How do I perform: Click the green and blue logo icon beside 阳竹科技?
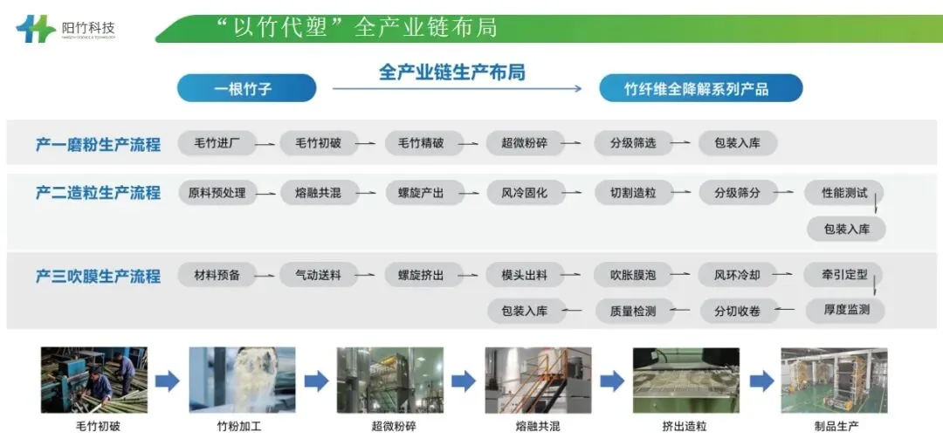tap(36, 28)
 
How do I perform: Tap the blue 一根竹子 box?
tap(246, 88)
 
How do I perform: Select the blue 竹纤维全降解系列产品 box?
tap(700, 88)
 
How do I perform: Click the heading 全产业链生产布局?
tap(451, 72)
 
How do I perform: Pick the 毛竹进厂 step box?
tap(217, 143)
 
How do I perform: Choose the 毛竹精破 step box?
tap(421, 143)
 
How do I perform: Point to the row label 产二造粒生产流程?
tap(98, 193)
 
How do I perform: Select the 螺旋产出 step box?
tap(421, 193)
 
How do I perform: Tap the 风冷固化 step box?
tap(524, 193)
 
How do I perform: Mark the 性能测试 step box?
tap(844, 193)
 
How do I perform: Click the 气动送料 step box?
tap(318, 275)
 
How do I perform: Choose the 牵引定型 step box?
tap(844, 275)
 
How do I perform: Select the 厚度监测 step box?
tap(844, 310)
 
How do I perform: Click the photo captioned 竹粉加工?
tap(242, 380)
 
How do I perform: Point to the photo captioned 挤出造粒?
tap(685, 380)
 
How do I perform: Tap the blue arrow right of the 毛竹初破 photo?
tap(168, 381)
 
